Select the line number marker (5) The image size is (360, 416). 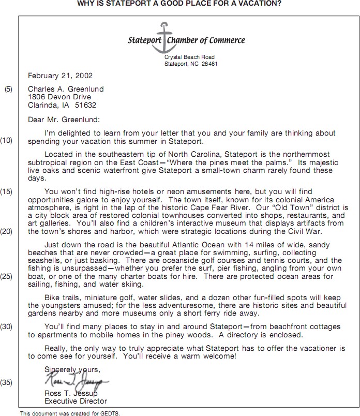click(x=9, y=90)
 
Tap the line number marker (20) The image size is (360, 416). click(x=7, y=231)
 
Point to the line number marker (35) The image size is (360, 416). click(x=7, y=383)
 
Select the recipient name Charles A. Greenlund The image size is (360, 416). click(x=65, y=89)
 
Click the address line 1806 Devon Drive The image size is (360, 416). click(x=59, y=97)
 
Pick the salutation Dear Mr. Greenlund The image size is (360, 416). click(x=64, y=119)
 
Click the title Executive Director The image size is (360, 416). click(x=76, y=401)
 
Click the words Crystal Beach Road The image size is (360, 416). click(x=189, y=57)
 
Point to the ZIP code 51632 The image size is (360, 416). click(x=86, y=105)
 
